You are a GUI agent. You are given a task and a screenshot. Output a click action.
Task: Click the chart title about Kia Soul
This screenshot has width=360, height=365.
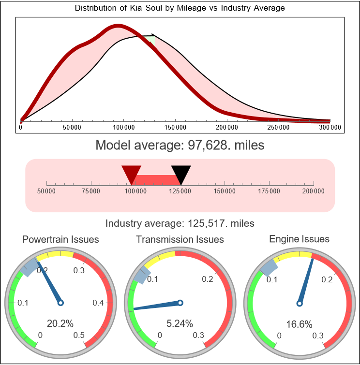coord(180,8)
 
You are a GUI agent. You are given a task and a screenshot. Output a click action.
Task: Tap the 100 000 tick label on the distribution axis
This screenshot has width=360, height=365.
coord(123,128)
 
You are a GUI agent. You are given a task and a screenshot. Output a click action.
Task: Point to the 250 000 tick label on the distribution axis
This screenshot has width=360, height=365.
coord(279,128)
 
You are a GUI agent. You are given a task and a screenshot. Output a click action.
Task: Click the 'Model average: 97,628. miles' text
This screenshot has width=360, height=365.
coord(180,145)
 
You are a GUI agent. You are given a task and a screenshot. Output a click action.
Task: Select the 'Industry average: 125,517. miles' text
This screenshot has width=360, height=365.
coord(180,223)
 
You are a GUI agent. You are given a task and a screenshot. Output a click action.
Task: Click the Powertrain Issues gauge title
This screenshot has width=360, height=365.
coord(60,239)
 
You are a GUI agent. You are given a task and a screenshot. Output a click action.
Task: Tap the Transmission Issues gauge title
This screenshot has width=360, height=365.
coord(180,239)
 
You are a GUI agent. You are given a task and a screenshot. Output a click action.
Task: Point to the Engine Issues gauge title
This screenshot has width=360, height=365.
coord(299,239)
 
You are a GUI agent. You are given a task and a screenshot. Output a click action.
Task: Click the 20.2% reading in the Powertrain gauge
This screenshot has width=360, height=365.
coord(60,323)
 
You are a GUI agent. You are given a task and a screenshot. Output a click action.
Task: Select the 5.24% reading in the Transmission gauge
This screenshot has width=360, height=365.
coord(180,323)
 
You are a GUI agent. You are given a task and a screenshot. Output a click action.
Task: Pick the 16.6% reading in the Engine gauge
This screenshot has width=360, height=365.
coord(299,323)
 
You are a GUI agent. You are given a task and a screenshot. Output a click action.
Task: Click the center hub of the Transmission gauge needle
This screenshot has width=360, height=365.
coord(180,303)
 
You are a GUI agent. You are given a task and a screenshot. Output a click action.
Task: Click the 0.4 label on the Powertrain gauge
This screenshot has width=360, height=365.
coord(99,303)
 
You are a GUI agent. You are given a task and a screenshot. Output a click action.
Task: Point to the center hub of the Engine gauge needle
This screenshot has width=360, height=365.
coord(299,303)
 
